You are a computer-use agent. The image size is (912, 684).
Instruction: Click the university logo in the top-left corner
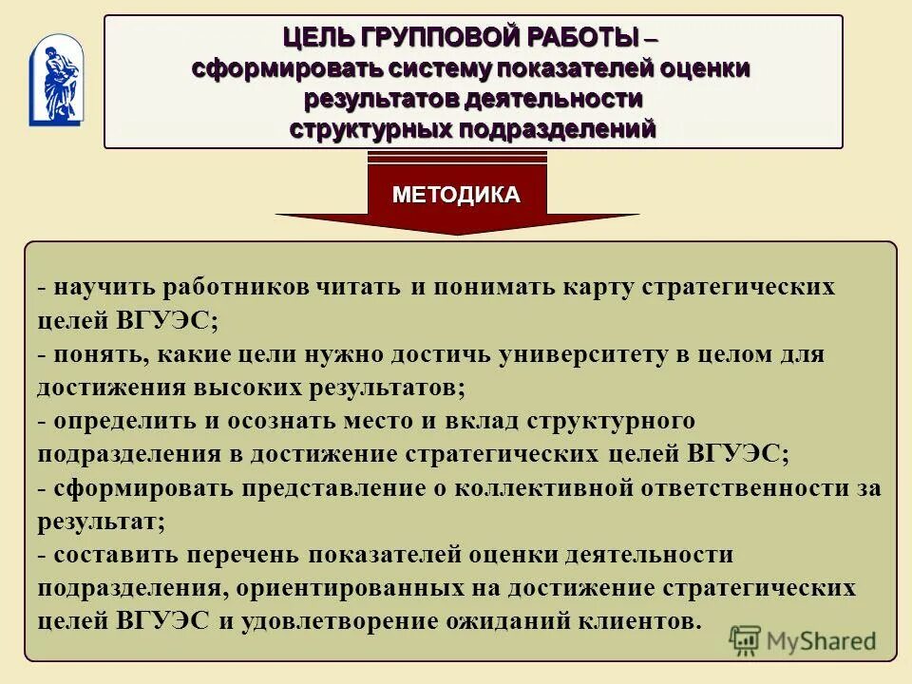pyautogui.click(x=56, y=81)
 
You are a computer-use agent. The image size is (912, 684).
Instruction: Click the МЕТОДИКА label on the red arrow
pyautogui.click(x=456, y=195)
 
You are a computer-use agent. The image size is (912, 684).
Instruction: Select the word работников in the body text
pyautogui.click(x=232, y=287)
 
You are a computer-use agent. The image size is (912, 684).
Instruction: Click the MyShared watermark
pyautogui.click(x=803, y=640)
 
